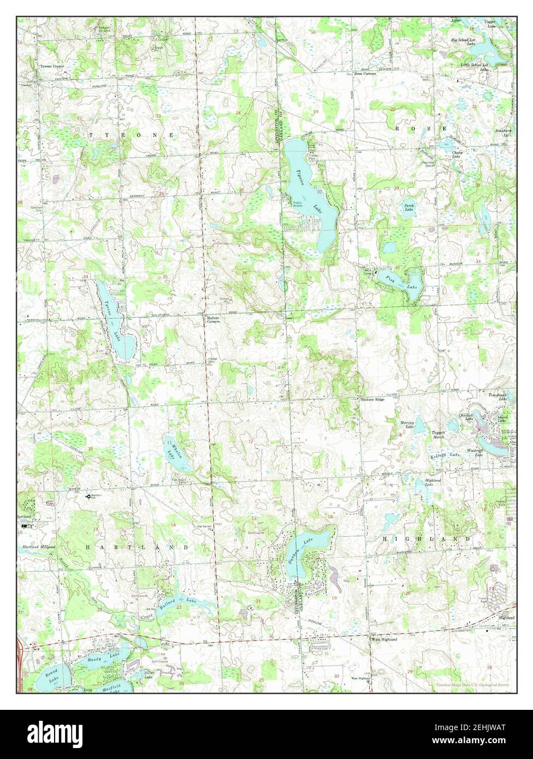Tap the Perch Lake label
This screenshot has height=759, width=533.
point(408,206)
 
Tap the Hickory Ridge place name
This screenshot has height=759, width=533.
point(373,400)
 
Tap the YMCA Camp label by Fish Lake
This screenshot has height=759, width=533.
point(369,271)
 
